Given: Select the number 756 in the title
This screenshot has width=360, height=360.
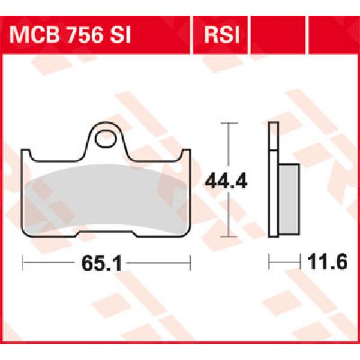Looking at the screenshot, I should click(91, 35).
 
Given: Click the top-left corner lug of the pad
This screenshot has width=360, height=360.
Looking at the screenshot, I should click(27, 154).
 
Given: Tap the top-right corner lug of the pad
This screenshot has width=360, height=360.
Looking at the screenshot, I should click(185, 154).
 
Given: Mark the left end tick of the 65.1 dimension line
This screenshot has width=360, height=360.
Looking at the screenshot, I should click(22, 262).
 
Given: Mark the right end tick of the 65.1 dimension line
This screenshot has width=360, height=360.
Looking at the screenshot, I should click(190, 262).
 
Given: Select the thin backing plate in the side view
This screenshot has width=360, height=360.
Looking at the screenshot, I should click(274, 180).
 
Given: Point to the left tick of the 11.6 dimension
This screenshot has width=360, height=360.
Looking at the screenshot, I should click(269, 262).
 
